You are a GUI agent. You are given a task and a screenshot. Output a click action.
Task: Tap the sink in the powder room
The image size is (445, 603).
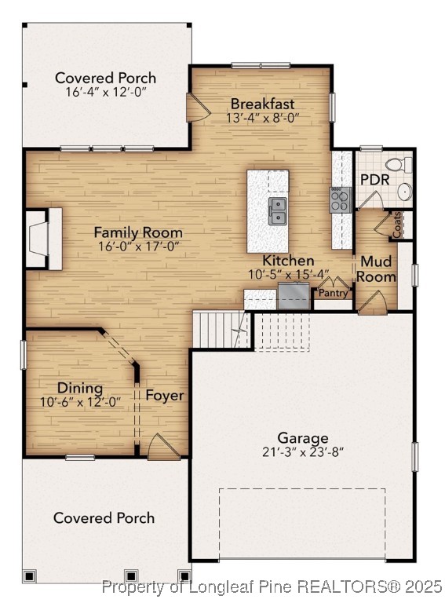coord(405,191)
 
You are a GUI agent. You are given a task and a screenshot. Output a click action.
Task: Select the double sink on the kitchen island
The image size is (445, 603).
coord(277,210)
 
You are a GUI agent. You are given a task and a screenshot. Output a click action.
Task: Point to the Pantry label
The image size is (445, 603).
coord(333,293)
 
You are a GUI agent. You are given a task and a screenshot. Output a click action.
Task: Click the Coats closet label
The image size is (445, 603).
coord(397,226)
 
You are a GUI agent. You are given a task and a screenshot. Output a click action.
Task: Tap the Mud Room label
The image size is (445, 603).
coord(378,269)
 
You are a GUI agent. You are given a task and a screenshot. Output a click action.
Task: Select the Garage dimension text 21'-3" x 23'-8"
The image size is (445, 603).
coord(302,451)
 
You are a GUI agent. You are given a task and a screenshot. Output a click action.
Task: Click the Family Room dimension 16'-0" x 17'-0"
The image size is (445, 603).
coord(138,247)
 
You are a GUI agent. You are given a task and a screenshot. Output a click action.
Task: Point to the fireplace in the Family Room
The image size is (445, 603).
coord(46,239)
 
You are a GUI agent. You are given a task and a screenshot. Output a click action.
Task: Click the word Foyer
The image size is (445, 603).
coord(165,395)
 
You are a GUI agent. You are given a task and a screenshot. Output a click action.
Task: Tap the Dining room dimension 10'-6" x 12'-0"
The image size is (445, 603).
coord(79,402)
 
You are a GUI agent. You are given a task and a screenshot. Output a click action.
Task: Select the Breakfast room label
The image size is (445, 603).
coord(262,104)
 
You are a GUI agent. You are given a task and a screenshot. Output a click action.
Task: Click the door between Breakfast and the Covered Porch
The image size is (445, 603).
coord(195,108)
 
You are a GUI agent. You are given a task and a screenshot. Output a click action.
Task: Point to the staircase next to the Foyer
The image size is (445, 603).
coord(221,328)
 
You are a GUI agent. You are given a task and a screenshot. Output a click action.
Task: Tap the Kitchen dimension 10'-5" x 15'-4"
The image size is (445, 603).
coord(288,275)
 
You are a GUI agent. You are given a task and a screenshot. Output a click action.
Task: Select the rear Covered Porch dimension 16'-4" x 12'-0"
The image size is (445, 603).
coord(105,92)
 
